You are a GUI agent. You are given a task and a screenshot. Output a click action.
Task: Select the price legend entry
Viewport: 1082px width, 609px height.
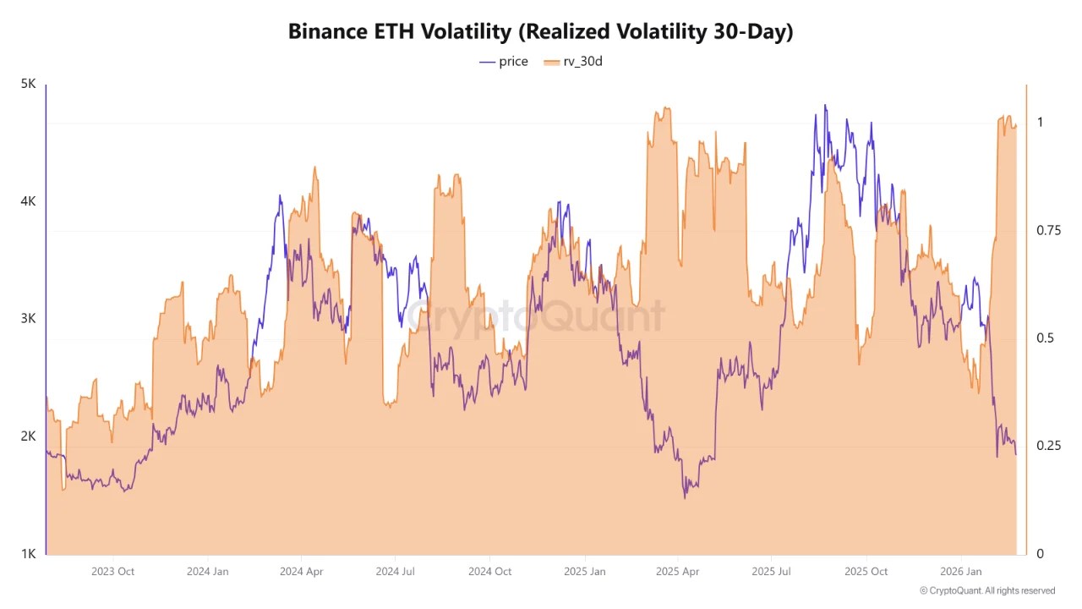(504, 61)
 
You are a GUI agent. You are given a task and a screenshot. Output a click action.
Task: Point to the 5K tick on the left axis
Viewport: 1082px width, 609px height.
(28, 85)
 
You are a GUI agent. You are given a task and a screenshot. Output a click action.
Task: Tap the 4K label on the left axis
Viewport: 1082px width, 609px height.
(28, 201)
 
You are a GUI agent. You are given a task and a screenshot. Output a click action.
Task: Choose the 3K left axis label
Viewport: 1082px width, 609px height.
(28, 319)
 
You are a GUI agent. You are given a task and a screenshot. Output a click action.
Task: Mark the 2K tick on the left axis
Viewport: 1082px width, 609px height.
(28, 436)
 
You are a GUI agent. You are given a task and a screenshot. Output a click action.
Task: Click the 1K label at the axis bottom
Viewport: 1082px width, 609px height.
(28, 554)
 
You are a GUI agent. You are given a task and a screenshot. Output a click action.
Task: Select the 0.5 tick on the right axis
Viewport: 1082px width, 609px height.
(1046, 338)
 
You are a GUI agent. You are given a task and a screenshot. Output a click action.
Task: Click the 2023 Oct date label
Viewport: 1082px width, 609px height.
(112, 572)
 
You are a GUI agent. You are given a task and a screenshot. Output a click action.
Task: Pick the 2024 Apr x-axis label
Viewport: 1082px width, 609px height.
(302, 572)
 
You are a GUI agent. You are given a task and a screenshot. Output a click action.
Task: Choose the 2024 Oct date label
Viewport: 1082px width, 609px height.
(490, 572)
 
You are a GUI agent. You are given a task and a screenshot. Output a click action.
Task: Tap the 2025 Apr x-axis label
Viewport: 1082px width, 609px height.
(678, 572)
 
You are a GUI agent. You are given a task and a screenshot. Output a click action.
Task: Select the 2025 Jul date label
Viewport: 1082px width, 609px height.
(771, 572)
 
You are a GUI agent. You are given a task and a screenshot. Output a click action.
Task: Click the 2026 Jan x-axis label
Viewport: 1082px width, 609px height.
(961, 572)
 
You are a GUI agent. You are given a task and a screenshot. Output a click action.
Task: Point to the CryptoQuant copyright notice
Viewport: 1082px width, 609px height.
(987, 591)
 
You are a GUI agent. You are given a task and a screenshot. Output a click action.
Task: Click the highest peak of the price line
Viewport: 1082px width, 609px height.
(825, 106)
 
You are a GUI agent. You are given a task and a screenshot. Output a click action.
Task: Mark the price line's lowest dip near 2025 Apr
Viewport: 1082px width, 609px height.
(685, 497)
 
